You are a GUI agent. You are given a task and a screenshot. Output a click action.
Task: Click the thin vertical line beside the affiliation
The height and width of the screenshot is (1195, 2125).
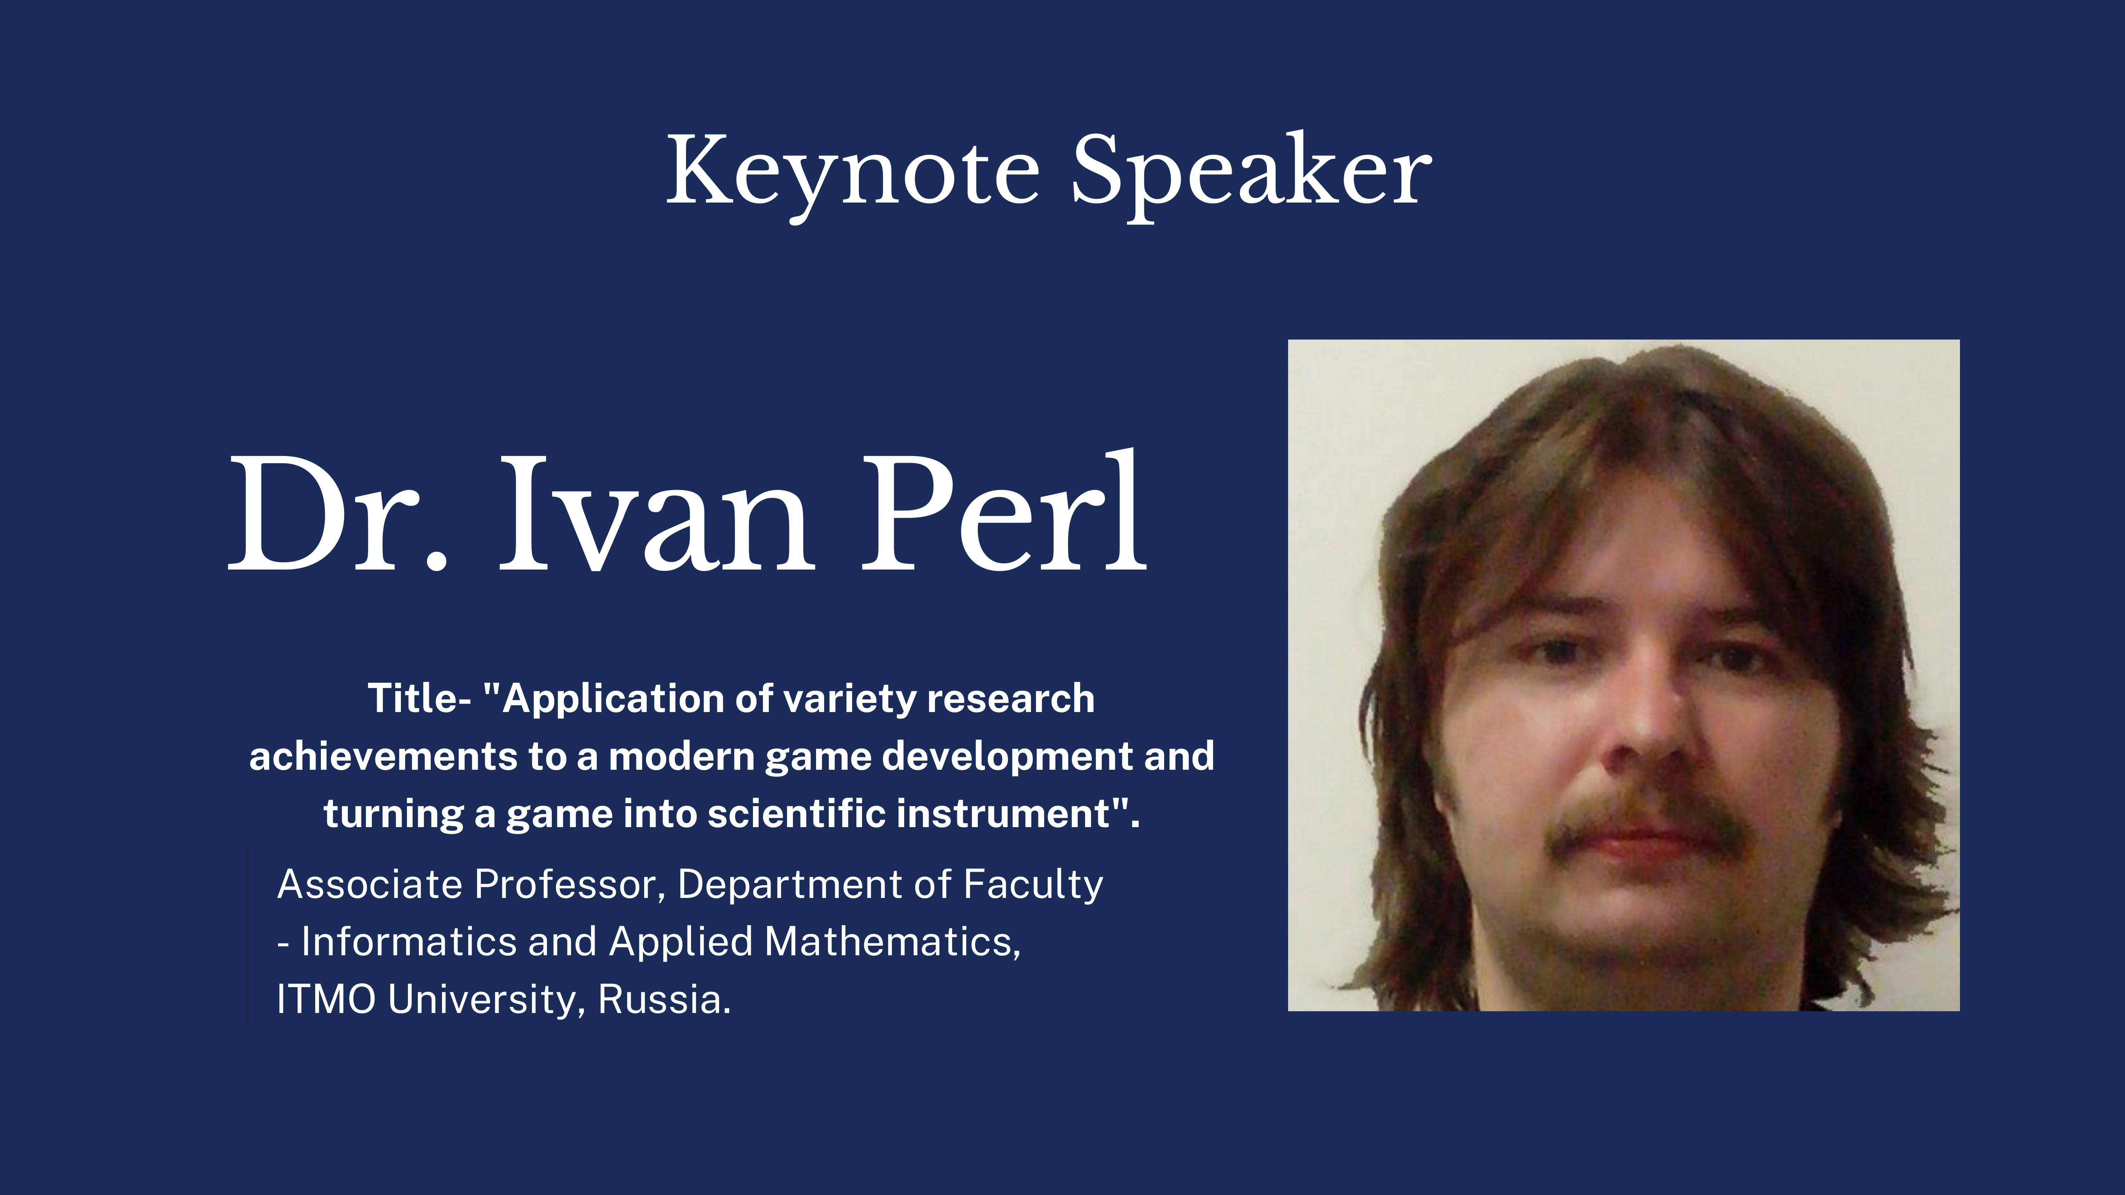point(248,937)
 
